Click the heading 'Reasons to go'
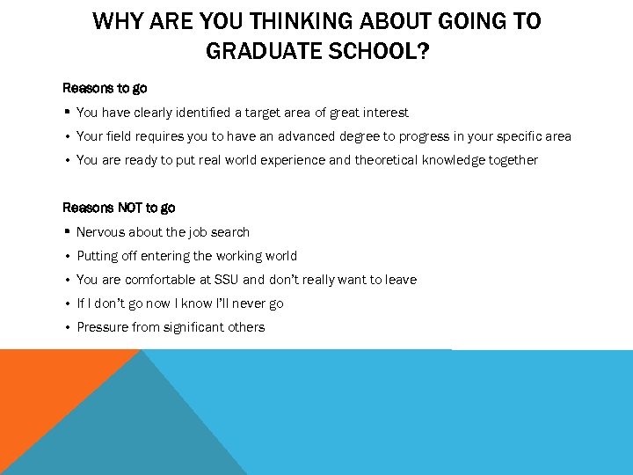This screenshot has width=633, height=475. click(x=105, y=88)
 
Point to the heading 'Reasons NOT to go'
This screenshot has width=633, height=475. click(x=119, y=208)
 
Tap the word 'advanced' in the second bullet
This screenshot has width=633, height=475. click(x=309, y=136)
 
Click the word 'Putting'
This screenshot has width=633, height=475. click(x=98, y=256)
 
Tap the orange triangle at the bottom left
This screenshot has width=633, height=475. click(x=44, y=387)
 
